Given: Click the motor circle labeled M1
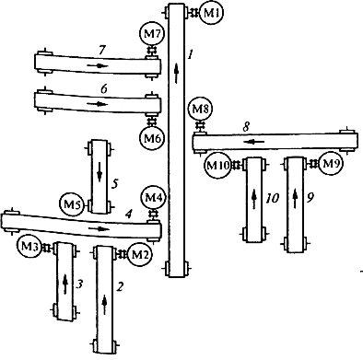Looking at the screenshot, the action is (211, 13).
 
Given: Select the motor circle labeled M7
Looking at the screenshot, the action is (152, 34).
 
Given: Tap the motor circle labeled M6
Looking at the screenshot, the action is (152, 137).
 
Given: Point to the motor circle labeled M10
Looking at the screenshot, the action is (217, 166).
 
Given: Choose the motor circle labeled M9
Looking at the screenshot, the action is (330, 164).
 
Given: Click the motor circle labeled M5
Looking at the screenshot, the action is (72, 204).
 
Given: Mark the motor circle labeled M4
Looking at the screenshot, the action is (153, 198).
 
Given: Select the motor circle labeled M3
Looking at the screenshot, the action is (29, 246).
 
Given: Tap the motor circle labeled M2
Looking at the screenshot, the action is (139, 254).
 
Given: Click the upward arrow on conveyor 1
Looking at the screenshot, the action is (176, 73).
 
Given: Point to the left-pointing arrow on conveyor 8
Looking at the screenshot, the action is (254, 142).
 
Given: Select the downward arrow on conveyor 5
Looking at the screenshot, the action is (100, 173).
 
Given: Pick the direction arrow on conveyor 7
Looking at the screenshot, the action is (98, 65).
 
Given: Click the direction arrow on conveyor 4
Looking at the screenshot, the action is (99, 228).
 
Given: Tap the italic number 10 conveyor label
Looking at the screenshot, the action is (272, 199).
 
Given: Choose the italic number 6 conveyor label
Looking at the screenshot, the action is (104, 89).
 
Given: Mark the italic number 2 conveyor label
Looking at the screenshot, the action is (120, 287).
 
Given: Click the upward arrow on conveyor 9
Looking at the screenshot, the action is (295, 199).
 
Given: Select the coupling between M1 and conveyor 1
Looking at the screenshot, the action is (194, 13).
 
